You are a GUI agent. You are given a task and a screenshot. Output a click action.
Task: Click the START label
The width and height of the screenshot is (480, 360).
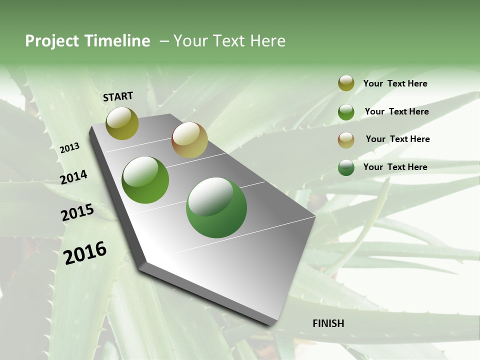click(118, 96)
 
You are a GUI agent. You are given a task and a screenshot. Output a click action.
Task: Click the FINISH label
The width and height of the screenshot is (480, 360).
click(328, 323)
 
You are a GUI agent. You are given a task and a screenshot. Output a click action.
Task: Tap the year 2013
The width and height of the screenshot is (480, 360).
click(69, 148)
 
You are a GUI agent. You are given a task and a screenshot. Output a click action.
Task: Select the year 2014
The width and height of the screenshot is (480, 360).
click(73, 177)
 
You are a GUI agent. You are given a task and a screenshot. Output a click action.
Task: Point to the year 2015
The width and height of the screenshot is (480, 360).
click(77, 212)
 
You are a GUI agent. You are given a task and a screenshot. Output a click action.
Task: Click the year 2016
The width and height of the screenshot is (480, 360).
click(85, 252)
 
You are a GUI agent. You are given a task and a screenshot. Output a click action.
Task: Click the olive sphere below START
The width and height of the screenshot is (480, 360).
click(122, 123)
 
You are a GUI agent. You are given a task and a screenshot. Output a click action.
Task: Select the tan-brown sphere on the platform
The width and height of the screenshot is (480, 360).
click(189, 140)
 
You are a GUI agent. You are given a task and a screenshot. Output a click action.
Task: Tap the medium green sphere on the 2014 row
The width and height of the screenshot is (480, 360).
click(145, 180)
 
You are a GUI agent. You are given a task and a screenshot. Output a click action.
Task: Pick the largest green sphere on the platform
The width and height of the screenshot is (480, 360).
click(216, 207)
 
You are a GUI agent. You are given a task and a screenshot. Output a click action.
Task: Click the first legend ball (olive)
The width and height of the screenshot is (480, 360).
click(346, 83)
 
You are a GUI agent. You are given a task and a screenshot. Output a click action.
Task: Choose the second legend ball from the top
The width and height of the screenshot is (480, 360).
click(346, 112)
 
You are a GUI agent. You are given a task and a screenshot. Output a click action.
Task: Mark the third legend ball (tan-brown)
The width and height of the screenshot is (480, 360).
click(346, 140)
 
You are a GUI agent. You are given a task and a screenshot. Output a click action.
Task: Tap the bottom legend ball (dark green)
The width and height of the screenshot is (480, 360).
click(346, 167)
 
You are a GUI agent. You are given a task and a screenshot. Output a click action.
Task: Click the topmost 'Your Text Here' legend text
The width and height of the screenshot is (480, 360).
click(395, 83)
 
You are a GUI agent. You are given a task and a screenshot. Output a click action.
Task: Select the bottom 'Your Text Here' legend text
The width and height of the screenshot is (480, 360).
click(395, 167)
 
